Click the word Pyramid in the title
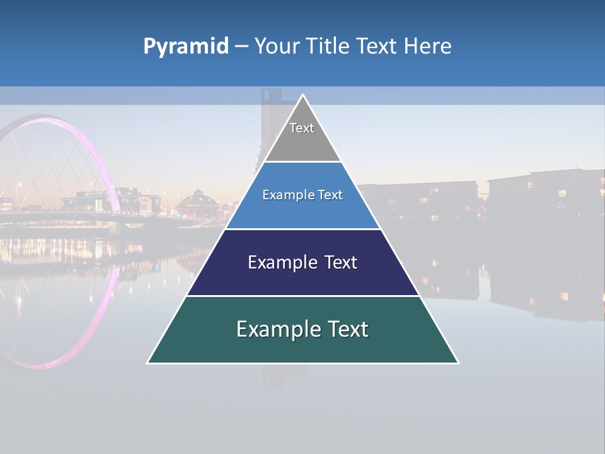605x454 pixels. click(185, 47)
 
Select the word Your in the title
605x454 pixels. click(277, 47)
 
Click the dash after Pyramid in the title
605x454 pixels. click(241, 47)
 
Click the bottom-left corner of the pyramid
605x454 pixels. click(149, 363)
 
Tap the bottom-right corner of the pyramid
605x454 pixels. click(458, 363)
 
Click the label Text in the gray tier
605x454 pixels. click(302, 128)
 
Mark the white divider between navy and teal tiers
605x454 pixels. click(302, 296)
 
